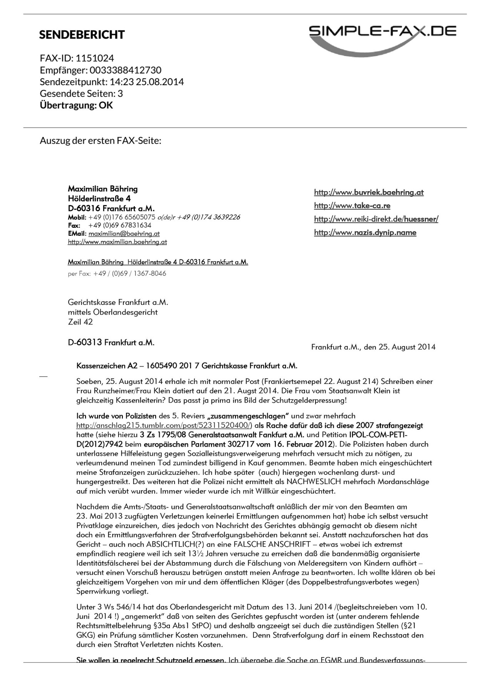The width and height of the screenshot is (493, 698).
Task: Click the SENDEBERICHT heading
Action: point(82,35)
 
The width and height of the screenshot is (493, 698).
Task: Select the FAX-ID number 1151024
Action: point(95,58)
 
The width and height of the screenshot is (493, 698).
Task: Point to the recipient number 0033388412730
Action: point(126,70)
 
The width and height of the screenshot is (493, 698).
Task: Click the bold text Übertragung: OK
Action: point(76,105)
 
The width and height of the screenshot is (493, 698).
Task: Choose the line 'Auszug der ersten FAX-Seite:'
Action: point(101,140)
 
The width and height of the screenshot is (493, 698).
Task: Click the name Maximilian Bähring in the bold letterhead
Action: point(103,189)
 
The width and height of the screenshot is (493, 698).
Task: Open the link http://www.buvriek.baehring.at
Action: point(369,192)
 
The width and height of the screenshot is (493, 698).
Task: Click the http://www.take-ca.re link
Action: point(352,206)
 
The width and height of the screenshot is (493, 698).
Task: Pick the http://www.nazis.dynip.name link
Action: point(365,232)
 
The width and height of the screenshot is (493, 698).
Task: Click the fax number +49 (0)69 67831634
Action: point(120,225)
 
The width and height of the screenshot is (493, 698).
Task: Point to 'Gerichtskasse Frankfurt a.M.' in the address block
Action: point(118,303)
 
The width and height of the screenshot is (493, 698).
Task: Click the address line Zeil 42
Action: point(80,322)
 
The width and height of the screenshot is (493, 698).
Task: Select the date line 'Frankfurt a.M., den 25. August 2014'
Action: point(373,347)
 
